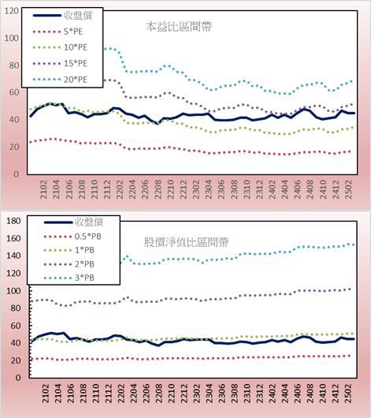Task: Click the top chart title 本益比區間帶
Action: pyautogui.click(x=179, y=27)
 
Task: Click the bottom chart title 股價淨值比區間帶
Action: pyautogui.click(x=186, y=242)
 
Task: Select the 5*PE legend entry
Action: pyautogui.click(x=58, y=32)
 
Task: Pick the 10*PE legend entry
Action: pyautogui.click(x=60, y=47)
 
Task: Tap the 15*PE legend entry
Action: pyautogui.click(x=60, y=63)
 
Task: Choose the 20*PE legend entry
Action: pyautogui.click(x=60, y=80)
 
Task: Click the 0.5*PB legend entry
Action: pyautogui.click(x=72, y=237)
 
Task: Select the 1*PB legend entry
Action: pyautogui.click(x=69, y=250)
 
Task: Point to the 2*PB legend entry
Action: pyautogui.click(x=69, y=264)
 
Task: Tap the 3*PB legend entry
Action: pyautogui.click(x=69, y=278)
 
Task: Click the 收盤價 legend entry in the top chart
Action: pyautogui.click(x=62, y=16)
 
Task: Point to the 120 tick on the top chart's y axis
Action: pyautogui.click(x=12, y=11)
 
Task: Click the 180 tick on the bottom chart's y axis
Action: pyautogui.click(x=13, y=221)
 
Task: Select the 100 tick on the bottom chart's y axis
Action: pyautogui.click(x=13, y=290)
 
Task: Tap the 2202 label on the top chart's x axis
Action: pyautogui.click(x=120, y=189)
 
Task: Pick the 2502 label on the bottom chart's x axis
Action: pyautogui.click(x=348, y=394)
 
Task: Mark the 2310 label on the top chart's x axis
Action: pyautogui.click(x=247, y=189)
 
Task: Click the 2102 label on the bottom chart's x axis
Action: pyautogui.click(x=45, y=394)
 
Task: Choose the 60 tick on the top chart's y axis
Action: pyautogui.click(x=14, y=92)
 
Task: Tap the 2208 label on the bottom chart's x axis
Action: pyautogui.click(x=158, y=394)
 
